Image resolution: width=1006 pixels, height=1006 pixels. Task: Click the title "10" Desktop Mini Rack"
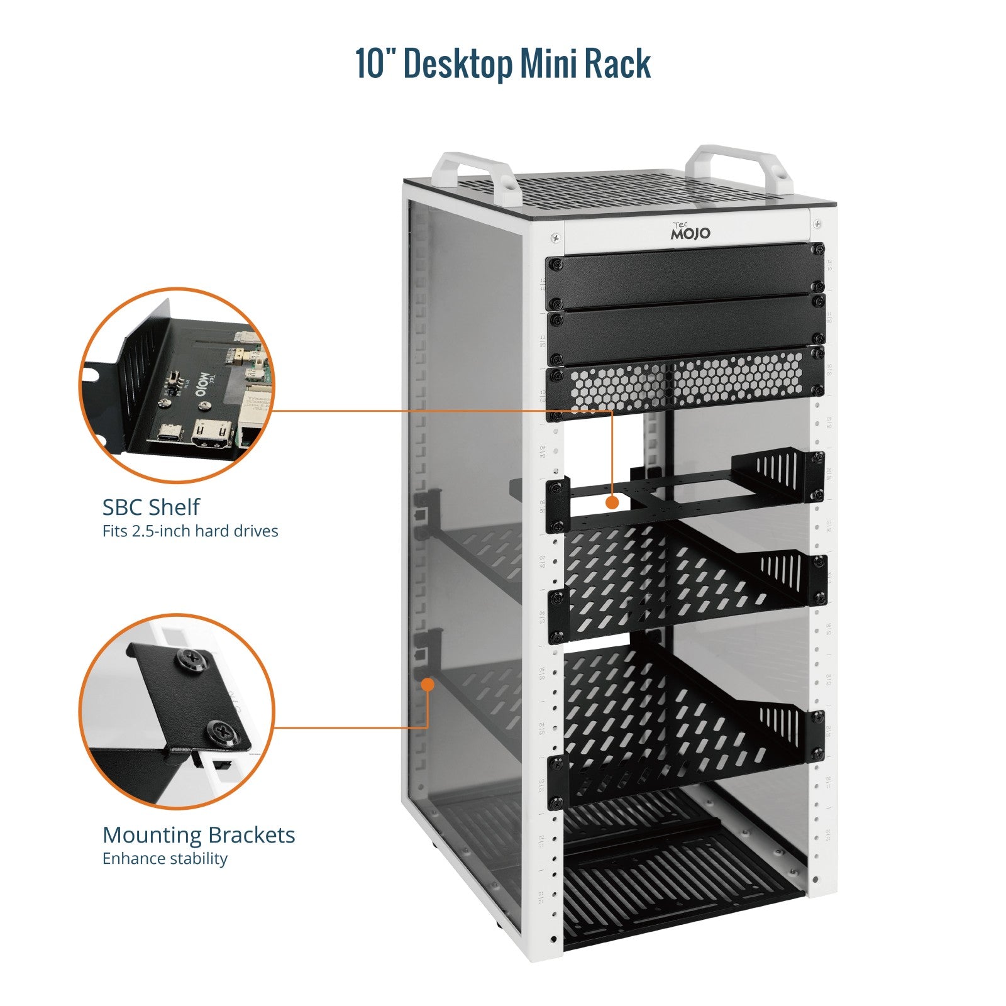(503, 63)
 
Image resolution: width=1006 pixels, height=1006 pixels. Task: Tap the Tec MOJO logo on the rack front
(690, 231)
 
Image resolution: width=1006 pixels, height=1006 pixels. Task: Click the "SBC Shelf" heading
(151, 507)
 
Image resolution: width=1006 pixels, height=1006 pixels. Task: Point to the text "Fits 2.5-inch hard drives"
(190, 531)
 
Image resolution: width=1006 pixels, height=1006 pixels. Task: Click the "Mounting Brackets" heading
(198, 835)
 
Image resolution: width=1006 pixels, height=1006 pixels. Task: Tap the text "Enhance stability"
(165, 859)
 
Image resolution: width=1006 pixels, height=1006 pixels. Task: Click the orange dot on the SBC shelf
(612, 502)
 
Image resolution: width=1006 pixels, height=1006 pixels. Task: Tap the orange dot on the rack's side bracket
(428, 683)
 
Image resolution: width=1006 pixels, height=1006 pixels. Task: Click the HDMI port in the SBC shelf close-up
(213, 433)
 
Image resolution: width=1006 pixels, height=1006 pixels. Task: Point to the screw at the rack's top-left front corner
(555, 237)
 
